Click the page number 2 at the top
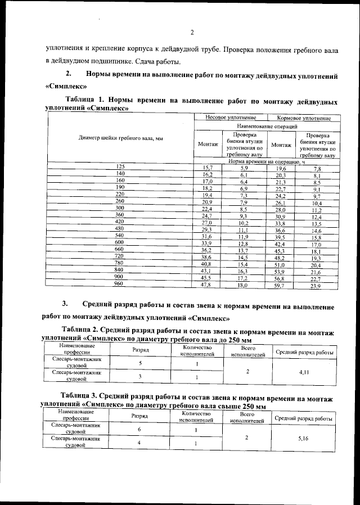(192, 32)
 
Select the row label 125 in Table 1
(120, 167)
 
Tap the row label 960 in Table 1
(119, 284)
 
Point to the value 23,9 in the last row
(316, 287)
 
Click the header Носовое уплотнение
(229, 118)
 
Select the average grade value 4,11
(304, 372)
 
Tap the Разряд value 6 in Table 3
(139, 430)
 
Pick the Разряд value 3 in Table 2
(140, 376)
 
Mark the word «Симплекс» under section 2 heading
(65, 87)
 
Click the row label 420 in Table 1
(119, 221)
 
